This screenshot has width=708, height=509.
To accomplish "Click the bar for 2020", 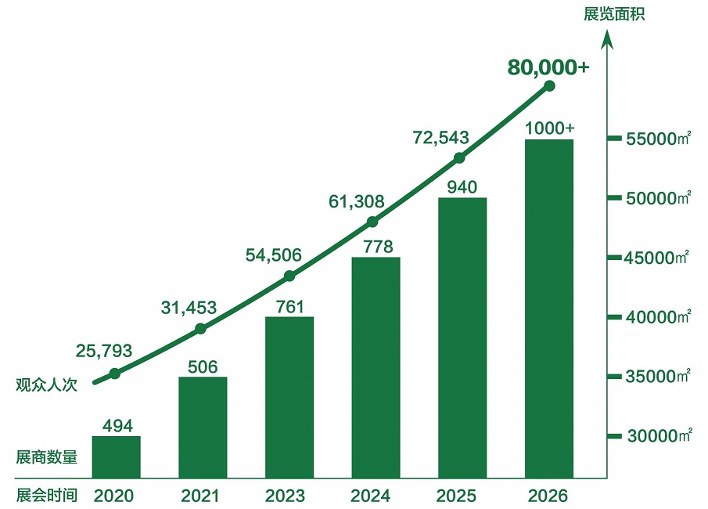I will tap(116, 457).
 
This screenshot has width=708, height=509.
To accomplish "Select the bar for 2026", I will tap(549, 309).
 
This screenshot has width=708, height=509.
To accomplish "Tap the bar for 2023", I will tap(289, 397).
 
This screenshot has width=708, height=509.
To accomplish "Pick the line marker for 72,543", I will tap(460, 157).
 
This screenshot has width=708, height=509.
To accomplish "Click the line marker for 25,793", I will tap(115, 374).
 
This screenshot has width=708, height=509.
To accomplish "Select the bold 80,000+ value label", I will tap(548, 67).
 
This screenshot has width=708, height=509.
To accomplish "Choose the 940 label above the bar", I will tap(462, 187).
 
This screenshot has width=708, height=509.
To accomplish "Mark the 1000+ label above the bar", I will tap(549, 128).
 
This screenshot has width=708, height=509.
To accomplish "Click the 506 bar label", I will tap(203, 366).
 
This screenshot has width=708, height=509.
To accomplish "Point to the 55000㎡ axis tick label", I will tap(659, 139).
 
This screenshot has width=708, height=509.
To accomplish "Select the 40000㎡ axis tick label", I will tap(659, 317).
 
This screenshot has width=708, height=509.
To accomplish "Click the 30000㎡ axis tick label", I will tap(659, 436).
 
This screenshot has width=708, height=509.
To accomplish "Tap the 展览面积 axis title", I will tap(614, 14).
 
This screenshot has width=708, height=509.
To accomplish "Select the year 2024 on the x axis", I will tap(376, 496).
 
